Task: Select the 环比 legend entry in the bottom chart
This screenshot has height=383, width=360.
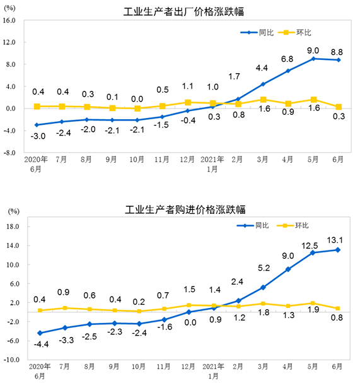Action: click(302, 225)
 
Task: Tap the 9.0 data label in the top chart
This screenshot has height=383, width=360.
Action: click(313, 50)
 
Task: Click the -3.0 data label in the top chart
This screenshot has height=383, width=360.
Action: click(38, 136)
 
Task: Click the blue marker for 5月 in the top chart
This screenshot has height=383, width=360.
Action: click(313, 59)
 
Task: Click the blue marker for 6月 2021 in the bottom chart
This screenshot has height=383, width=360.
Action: click(338, 250)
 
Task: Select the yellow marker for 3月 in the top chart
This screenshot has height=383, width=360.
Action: click(264, 100)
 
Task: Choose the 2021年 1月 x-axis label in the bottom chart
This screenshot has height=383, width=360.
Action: click(213, 370)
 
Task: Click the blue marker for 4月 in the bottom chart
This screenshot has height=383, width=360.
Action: click(288, 269)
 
